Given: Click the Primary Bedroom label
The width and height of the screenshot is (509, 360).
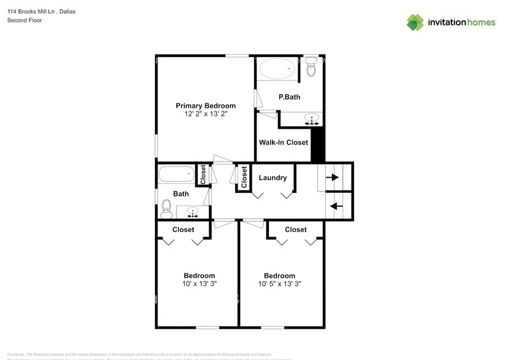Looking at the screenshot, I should [x=205, y=106].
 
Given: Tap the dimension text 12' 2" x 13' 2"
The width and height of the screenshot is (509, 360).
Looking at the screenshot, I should [x=205, y=114].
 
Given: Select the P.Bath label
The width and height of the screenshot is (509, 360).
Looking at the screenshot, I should [x=288, y=97].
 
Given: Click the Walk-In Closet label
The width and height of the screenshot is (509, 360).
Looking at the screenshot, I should [x=283, y=143].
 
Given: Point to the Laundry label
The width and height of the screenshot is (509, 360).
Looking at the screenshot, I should [x=273, y=178].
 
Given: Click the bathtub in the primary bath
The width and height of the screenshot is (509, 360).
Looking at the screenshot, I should [x=278, y=69].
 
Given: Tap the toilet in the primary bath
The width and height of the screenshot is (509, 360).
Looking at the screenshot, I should [x=311, y=68].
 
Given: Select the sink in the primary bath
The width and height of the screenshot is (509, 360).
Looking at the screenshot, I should [x=312, y=119].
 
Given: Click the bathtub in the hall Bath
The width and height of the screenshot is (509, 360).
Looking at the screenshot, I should [x=176, y=175].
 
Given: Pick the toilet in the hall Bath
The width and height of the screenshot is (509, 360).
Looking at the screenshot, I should [x=165, y=210].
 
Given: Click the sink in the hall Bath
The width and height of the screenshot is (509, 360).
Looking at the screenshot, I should [x=192, y=212].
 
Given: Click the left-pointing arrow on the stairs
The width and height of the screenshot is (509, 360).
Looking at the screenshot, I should [x=335, y=206].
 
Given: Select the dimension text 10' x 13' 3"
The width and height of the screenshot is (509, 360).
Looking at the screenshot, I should [x=199, y=284].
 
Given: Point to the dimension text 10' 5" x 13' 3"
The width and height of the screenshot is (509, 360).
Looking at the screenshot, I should [x=279, y=284].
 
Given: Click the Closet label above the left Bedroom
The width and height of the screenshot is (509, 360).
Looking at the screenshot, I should [x=183, y=230].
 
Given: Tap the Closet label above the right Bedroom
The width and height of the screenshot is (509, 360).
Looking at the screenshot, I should [x=295, y=230].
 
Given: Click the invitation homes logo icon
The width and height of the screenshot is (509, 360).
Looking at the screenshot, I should [x=416, y=22].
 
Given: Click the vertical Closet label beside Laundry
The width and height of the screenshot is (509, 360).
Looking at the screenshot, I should [x=244, y=178].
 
